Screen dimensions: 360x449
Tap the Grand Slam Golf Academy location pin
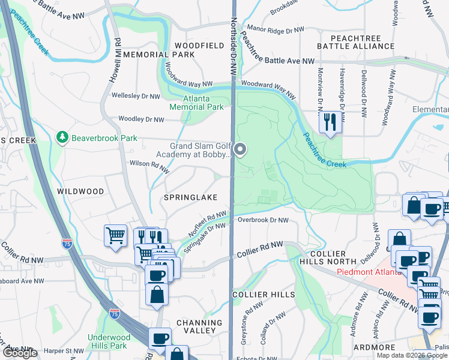pos(240,149)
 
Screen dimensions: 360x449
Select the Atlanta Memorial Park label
pos(196,103)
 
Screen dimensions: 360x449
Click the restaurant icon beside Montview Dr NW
pos(330,122)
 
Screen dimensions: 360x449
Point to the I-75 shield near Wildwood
pos(68,244)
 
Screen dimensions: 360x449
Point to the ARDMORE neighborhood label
pos(375,347)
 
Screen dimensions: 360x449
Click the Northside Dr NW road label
pos(234,45)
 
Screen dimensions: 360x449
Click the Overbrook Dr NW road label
pos(262,220)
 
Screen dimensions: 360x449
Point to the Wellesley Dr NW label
pos(136,96)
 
